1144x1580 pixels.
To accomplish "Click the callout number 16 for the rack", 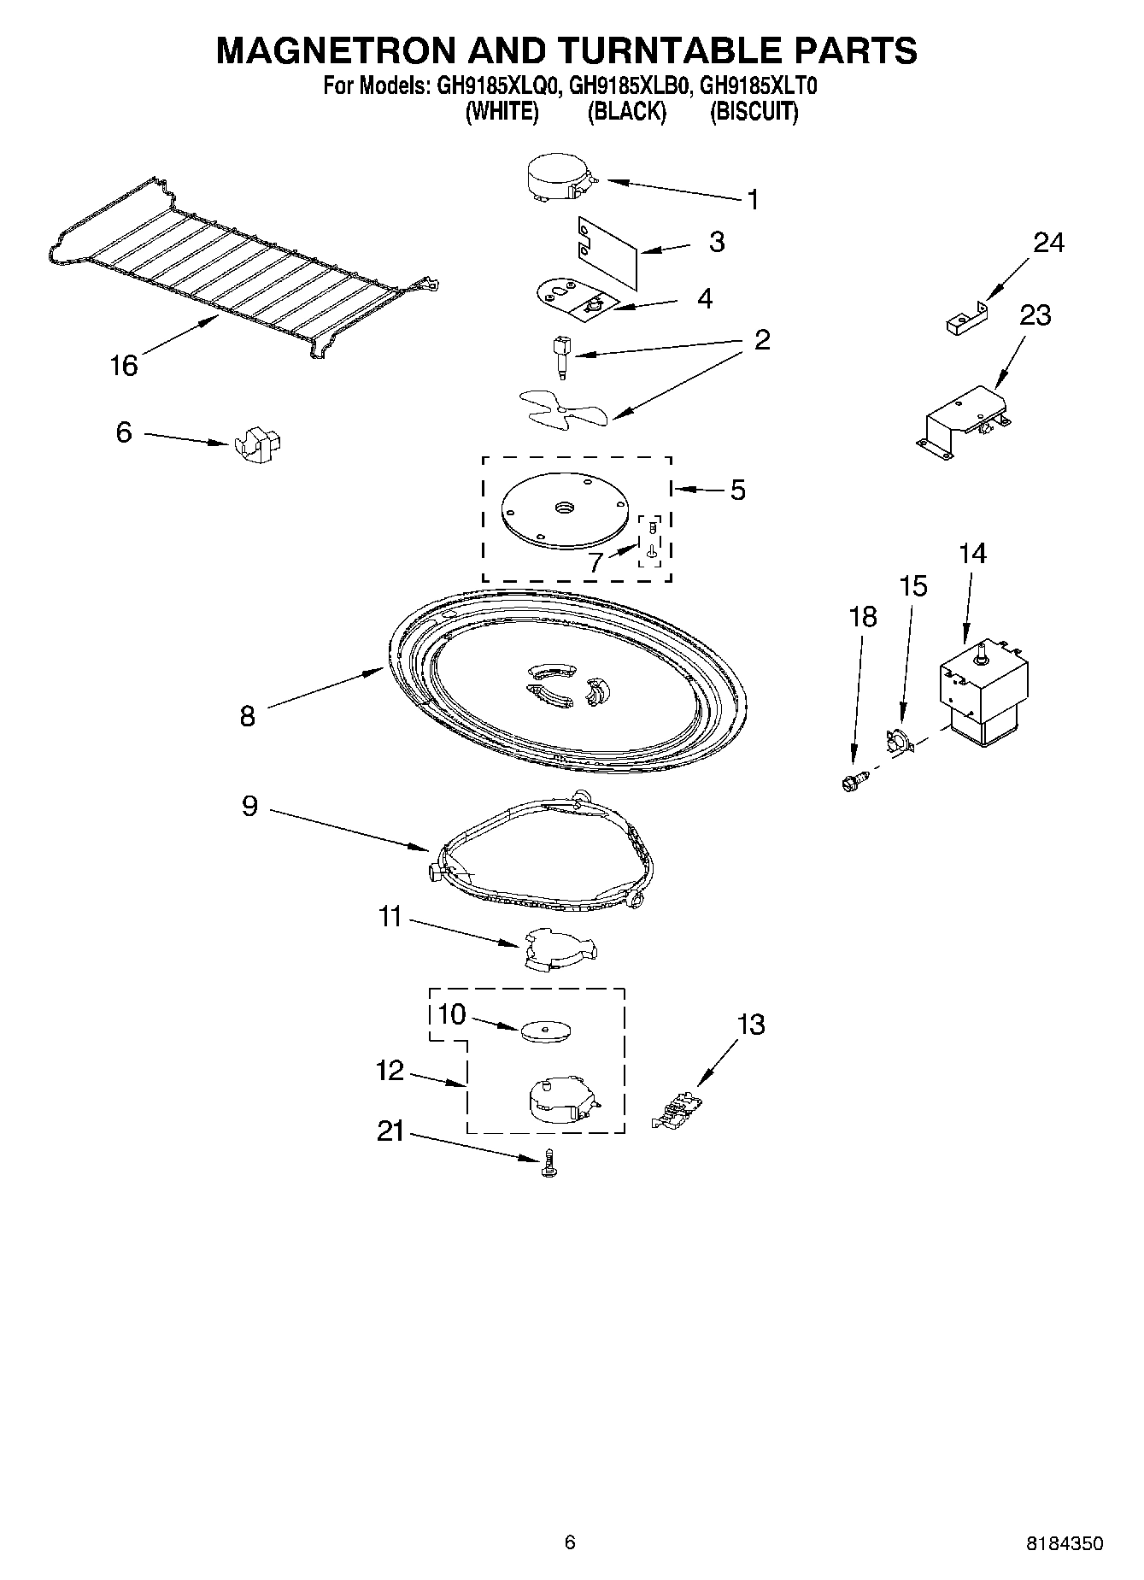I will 123,366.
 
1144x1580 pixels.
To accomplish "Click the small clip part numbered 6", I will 257,444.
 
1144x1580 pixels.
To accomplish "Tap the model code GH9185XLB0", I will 626,85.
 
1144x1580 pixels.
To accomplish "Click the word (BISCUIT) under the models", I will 754,112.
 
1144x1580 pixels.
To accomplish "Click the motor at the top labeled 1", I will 556,181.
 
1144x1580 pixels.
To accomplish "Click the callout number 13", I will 750,1024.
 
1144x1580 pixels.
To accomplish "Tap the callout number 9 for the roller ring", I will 249,806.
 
